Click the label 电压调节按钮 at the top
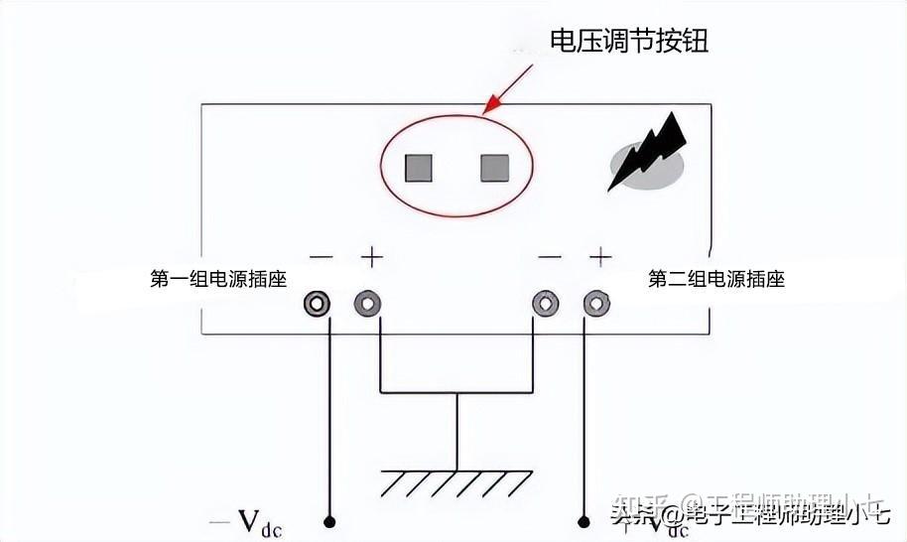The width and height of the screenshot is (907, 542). click(629, 42)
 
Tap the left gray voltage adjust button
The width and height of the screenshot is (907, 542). click(418, 168)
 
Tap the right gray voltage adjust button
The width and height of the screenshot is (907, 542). click(494, 168)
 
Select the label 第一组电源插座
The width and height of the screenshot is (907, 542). click(218, 279)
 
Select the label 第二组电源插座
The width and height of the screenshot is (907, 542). click(716, 279)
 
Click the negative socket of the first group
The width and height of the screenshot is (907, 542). click(318, 304)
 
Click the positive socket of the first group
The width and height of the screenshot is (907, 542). click(368, 304)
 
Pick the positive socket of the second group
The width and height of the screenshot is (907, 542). click(595, 304)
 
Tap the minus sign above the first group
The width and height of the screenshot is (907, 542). click(321, 257)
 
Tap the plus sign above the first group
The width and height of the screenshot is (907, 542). click(371, 257)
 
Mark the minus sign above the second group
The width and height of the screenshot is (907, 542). click(549, 257)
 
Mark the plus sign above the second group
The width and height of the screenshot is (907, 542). click(599, 257)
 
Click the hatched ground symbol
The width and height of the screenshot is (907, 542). click(456, 483)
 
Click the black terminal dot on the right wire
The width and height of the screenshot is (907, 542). click(583, 520)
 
